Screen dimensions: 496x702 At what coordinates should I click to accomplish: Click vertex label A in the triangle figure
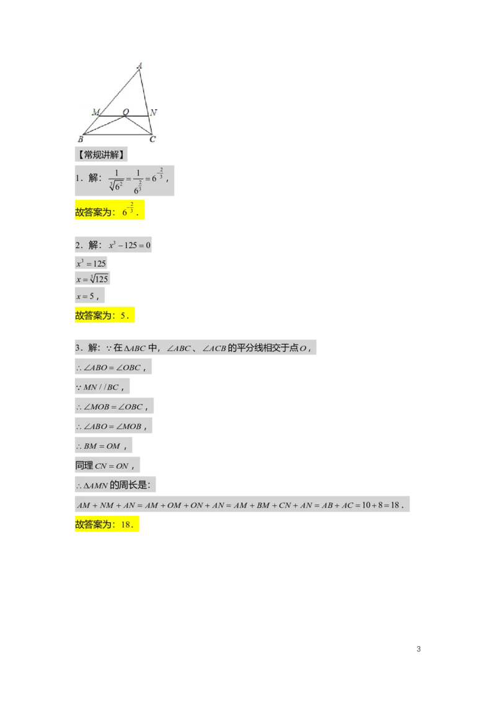coord(139,64)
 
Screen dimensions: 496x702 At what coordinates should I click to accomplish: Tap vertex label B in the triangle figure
coord(81,139)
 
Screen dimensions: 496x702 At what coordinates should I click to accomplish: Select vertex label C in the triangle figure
coord(153,139)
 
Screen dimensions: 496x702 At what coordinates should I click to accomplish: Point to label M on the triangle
coord(95,112)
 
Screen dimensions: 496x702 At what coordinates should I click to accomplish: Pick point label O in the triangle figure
coord(125,112)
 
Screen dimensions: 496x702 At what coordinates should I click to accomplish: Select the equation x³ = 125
coord(91,263)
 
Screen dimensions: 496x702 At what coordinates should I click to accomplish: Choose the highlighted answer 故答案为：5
coord(104,316)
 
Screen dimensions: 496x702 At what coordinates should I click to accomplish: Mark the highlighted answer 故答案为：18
coord(106,525)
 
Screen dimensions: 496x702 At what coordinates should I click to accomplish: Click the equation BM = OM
coord(102,447)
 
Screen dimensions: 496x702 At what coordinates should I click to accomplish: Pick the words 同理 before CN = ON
coord(84,465)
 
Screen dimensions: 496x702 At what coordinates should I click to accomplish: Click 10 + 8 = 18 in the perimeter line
coord(379,505)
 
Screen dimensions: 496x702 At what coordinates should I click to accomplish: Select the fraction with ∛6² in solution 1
coord(115,180)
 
